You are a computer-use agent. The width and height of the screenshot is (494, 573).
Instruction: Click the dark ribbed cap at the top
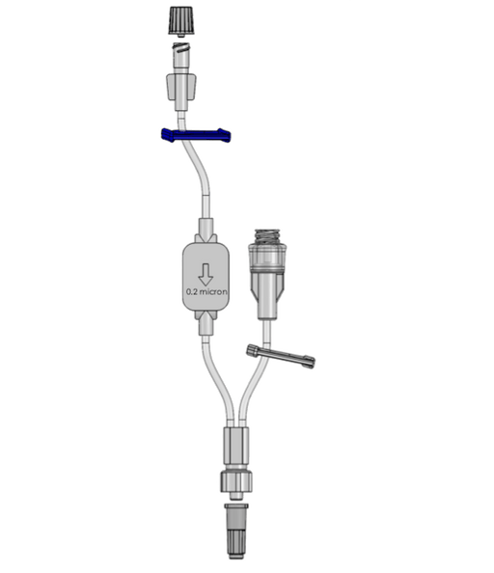tap(181, 21)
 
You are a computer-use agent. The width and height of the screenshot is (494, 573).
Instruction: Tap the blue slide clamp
tap(196, 135)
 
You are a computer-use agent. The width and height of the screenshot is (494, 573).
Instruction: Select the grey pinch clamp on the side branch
tap(281, 356)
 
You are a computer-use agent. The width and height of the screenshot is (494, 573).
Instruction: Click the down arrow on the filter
tap(206, 274)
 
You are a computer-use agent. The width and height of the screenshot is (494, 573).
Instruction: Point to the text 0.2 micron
tap(206, 292)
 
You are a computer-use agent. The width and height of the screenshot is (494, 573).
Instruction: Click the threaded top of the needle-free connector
tap(267, 236)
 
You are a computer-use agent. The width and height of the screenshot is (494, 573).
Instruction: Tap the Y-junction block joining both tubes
tap(236, 445)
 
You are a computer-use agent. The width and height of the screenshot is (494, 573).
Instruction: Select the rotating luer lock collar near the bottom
tap(236, 481)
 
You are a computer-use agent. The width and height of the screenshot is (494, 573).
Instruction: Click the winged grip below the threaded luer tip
tap(181, 87)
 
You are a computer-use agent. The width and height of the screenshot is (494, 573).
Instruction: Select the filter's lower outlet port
tap(206, 323)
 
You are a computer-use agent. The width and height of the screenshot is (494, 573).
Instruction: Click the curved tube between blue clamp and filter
tap(199, 172)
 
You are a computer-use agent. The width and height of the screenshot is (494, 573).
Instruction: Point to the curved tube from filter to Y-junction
tap(218, 380)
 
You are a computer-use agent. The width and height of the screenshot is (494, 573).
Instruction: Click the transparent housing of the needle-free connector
tap(267, 258)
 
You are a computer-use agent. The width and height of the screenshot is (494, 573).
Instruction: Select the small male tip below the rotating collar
tap(236, 496)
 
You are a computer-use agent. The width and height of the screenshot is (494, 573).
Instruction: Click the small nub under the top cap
tap(180, 36)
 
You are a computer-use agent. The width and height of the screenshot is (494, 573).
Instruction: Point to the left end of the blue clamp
tap(163, 134)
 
